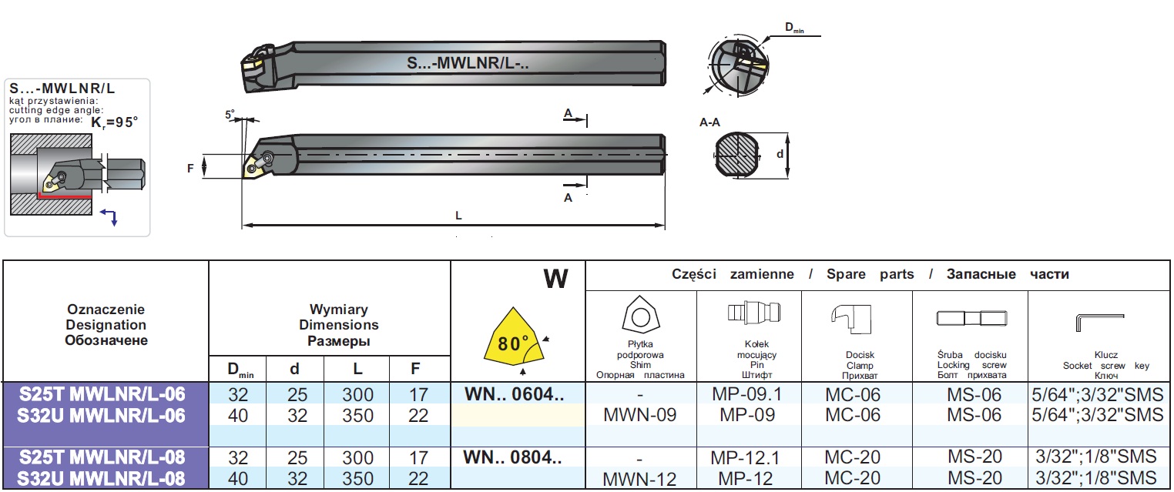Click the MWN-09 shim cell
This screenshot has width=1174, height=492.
641,416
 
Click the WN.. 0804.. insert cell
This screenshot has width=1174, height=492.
514,457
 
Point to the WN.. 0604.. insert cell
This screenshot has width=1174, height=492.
514,395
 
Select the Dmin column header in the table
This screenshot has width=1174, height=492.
237,370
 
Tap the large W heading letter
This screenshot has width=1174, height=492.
555,279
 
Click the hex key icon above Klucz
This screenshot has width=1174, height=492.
1098,318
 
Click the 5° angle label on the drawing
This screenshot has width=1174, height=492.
230,115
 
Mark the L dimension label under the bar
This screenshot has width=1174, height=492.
458,216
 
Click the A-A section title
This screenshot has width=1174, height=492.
710,122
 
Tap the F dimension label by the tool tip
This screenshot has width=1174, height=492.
190,167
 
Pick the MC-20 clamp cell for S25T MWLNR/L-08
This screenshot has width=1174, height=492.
852,457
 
